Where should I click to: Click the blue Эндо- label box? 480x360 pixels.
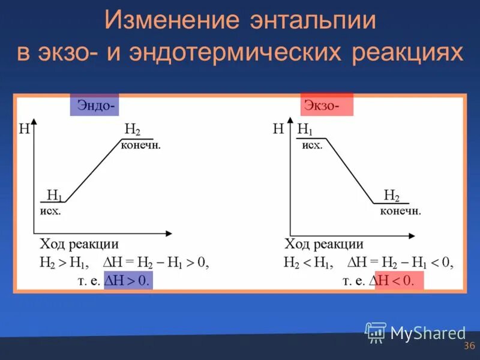click(94, 105)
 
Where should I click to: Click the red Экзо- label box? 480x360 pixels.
click(326, 105)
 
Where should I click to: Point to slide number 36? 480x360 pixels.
click(469, 346)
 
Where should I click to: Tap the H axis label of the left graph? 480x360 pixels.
click(25, 128)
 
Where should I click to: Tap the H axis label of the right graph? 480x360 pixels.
click(278, 128)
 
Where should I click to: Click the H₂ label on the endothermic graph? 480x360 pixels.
click(132, 130)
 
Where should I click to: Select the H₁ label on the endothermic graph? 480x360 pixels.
click(54, 195)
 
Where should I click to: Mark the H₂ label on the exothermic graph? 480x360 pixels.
click(392, 196)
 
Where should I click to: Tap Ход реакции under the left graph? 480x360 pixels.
click(79, 244)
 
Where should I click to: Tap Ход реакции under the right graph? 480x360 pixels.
click(324, 244)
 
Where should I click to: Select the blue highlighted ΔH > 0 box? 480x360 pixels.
click(128, 280)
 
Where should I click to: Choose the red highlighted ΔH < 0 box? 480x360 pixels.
click(399, 280)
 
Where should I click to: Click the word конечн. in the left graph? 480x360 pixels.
click(141, 146)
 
